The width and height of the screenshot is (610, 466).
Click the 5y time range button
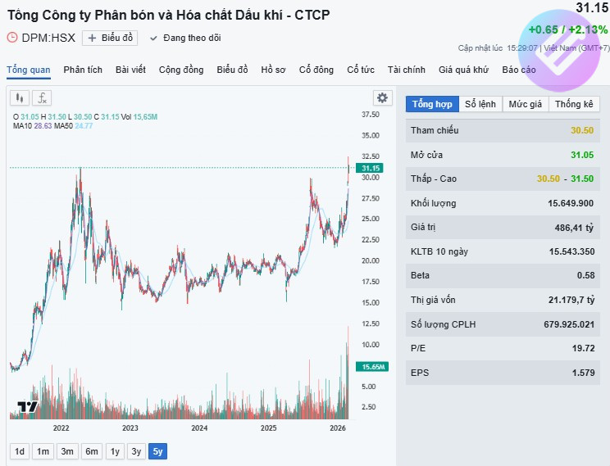click(x=157, y=451)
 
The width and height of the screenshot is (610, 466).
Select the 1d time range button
click(x=20, y=451)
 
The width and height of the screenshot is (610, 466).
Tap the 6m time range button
click(x=91, y=451)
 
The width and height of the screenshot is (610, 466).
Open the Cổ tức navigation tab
click(x=360, y=70)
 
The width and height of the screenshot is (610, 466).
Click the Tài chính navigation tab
click(x=407, y=70)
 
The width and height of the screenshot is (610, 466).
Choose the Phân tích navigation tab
click(x=83, y=70)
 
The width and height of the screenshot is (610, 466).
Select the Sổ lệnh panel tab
click(x=480, y=104)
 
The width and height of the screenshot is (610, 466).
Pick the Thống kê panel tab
click(x=573, y=104)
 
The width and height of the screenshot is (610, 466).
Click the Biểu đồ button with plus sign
click(x=110, y=38)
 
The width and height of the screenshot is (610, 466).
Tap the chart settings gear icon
click(x=382, y=97)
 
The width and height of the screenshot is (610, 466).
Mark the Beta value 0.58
click(x=585, y=275)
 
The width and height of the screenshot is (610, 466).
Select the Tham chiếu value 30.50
click(x=582, y=131)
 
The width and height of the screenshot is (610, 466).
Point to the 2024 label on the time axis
click(x=199, y=428)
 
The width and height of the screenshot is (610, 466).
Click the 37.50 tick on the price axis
click(x=370, y=115)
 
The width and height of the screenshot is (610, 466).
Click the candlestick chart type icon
click(x=20, y=98)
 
